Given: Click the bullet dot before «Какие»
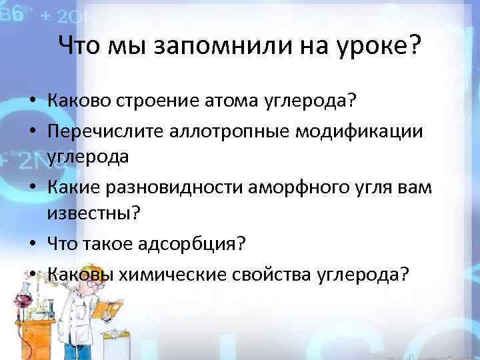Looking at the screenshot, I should click(33, 190).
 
